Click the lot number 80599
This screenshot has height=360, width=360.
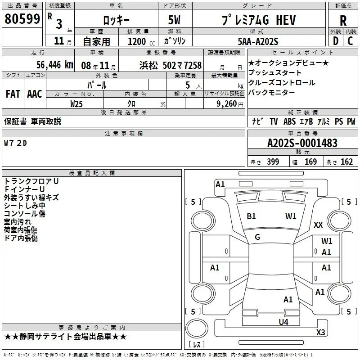click(x=22, y=18)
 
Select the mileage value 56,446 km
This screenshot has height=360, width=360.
click(x=55, y=65)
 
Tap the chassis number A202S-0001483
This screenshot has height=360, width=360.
click(x=302, y=143)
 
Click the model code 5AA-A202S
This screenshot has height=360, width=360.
click(x=258, y=41)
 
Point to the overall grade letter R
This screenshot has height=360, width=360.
click(x=343, y=21)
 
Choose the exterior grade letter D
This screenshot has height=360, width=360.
click(x=336, y=41)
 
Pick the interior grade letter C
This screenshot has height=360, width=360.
click(x=350, y=41)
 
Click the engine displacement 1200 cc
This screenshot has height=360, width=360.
click(x=141, y=41)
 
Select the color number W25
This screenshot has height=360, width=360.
click(x=76, y=104)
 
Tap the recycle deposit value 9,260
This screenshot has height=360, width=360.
click(x=226, y=104)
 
